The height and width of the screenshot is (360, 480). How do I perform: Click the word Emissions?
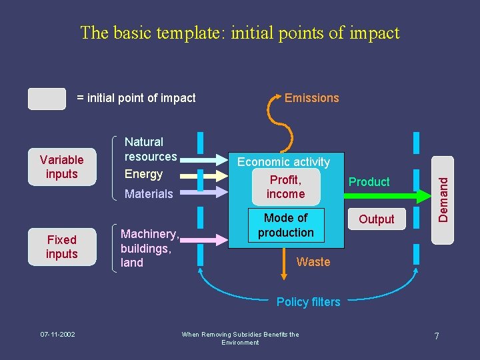(311, 98)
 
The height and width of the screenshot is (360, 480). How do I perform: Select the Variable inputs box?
(62, 167)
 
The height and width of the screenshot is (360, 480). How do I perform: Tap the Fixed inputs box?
(62, 247)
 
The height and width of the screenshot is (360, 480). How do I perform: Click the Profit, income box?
(285, 187)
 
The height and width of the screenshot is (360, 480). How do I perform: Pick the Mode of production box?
(285, 225)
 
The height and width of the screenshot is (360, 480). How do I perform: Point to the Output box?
(377, 219)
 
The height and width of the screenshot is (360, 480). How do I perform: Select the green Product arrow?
(373, 195)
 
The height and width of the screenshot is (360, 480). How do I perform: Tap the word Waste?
(313, 262)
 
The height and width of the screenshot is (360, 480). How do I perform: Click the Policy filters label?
(308, 302)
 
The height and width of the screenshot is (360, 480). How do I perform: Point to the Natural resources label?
(151, 149)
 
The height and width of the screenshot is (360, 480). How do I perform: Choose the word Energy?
(143, 174)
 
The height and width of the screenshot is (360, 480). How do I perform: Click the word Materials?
(149, 194)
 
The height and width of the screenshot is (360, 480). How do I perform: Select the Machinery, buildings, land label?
(149, 248)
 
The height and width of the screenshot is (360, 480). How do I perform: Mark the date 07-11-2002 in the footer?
(57, 334)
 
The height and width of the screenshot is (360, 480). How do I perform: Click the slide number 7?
(436, 336)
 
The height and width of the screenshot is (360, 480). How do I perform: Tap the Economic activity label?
(283, 162)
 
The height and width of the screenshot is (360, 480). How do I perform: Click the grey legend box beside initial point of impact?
(47, 98)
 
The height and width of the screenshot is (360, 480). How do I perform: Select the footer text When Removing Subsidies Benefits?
(240, 335)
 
